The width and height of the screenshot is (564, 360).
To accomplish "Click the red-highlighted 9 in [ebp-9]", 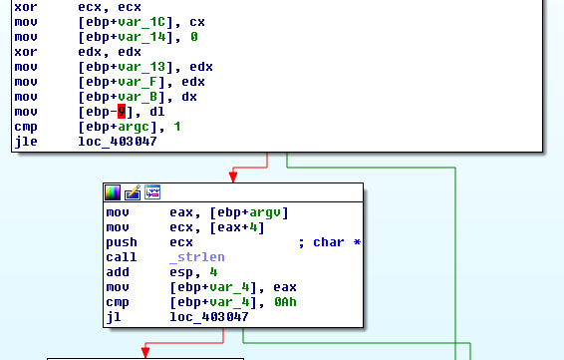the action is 122,112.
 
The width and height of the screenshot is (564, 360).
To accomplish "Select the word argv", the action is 265,212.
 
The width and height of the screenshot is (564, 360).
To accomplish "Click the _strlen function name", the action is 197,257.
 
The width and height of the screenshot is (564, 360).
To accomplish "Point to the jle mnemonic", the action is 26,142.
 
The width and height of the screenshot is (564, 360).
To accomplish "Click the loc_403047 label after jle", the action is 118,142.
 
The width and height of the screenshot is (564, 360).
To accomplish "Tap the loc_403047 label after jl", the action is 209,317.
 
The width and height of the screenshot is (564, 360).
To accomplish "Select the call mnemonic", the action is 122,257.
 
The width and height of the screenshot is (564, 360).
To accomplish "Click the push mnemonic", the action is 122,242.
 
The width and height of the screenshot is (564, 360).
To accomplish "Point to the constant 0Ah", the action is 285,302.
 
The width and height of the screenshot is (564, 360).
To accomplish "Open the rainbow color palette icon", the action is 113,192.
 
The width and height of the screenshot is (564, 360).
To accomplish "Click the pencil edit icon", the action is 133,192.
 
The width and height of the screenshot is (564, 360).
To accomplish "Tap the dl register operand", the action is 157,112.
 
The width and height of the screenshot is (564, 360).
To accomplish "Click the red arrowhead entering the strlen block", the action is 233,178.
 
